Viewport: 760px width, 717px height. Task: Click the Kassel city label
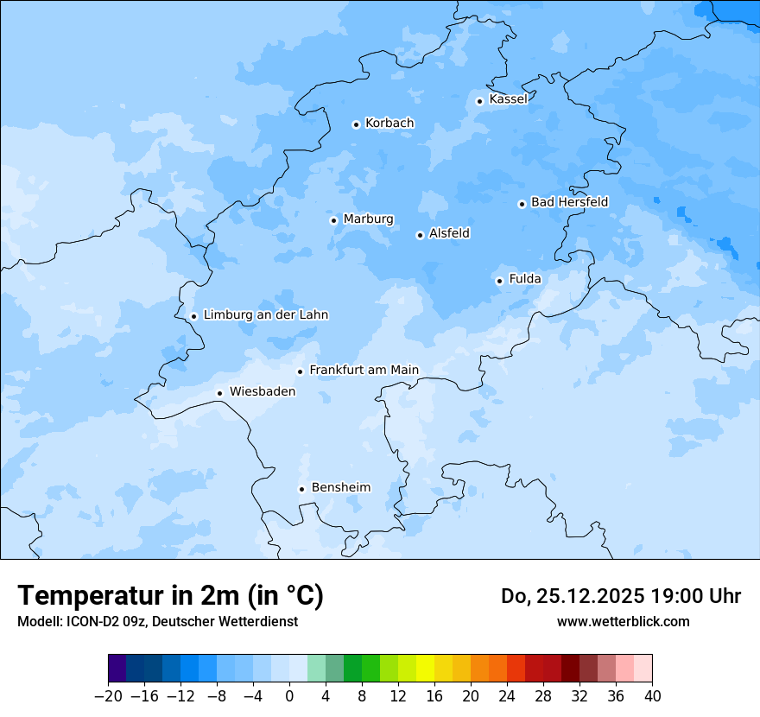tap(508, 99)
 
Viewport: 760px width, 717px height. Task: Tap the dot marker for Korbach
tap(356, 124)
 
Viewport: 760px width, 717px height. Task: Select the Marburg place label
tap(368, 219)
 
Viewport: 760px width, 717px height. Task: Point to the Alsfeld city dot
tap(420, 235)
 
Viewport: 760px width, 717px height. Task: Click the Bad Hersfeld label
tap(569, 202)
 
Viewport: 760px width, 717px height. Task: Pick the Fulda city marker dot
tap(499, 281)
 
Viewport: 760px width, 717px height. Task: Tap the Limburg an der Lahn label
tap(266, 315)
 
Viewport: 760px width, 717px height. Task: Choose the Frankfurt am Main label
tap(364, 370)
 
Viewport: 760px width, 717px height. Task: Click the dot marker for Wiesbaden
tap(219, 393)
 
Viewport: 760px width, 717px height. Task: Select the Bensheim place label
tap(340, 487)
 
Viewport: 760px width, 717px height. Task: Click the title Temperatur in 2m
tap(170, 595)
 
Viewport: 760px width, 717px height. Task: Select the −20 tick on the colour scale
tap(108, 696)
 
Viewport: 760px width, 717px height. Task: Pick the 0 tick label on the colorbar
tap(289, 696)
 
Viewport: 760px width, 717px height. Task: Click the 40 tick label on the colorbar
tap(652, 696)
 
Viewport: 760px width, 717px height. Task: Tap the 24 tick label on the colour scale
tap(507, 696)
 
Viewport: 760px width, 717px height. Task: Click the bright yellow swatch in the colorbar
tap(425, 669)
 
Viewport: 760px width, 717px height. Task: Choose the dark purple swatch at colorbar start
tap(117, 669)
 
